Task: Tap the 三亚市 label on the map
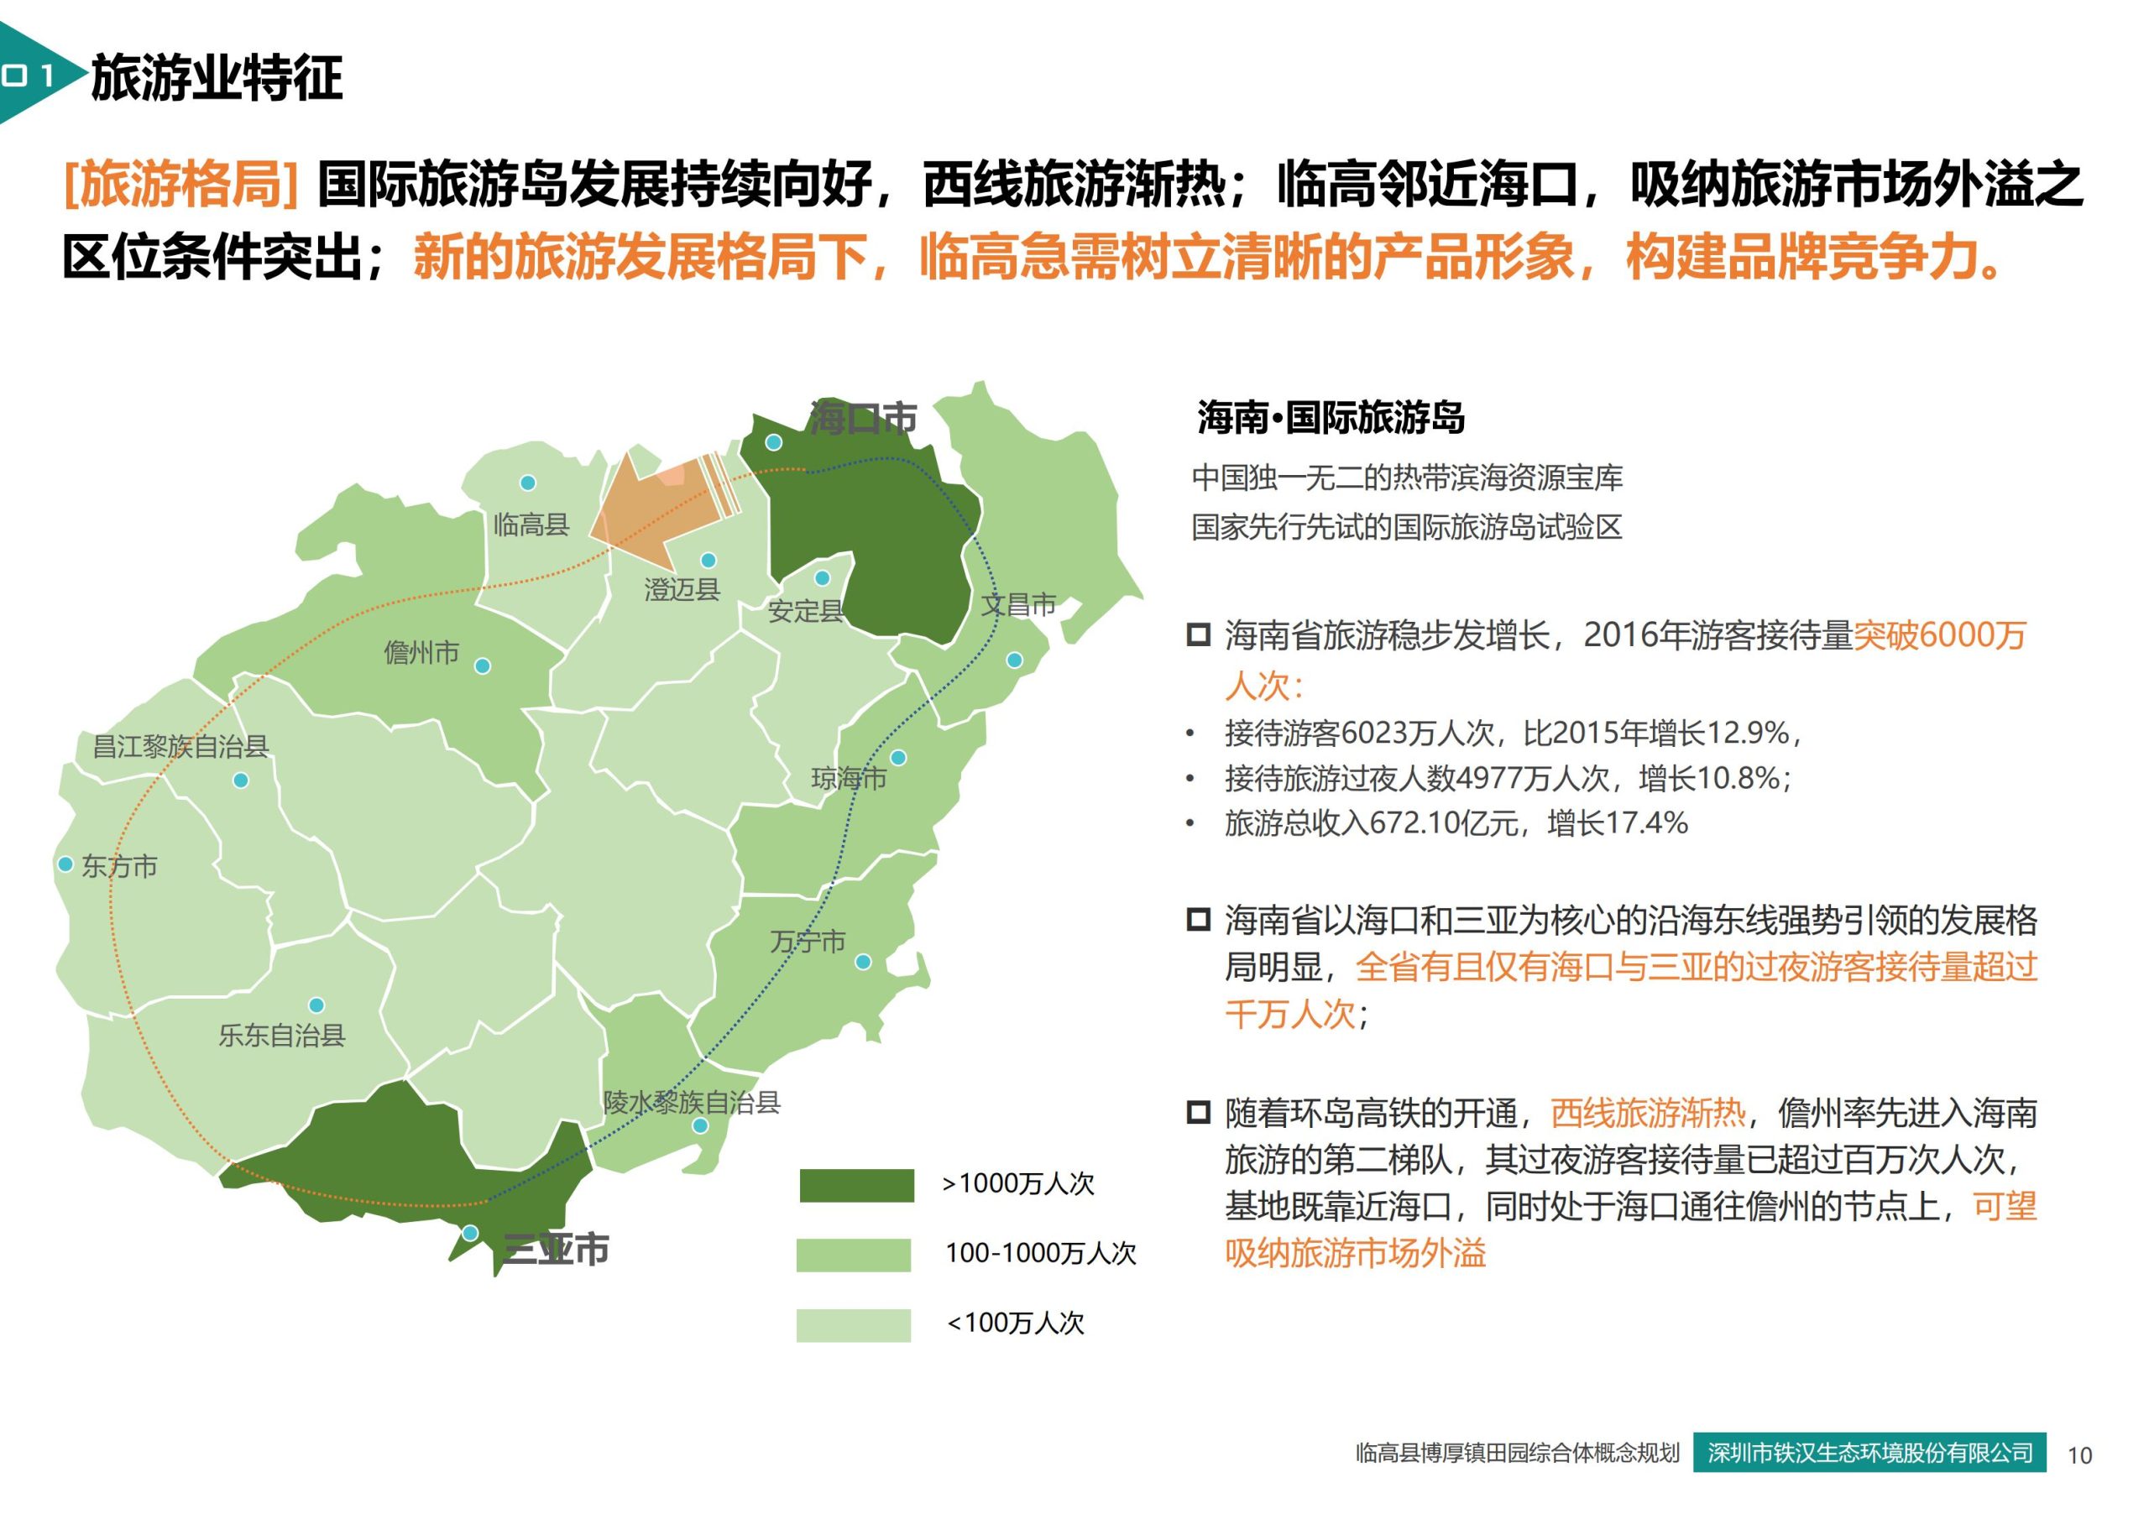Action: (x=556, y=1249)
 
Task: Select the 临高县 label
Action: (x=531, y=525)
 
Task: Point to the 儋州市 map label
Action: (x=421, y=651)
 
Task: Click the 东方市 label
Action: (x=119, y=866)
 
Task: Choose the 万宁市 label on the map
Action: (x=808, y=942)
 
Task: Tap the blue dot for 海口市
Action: (x=773, y=442)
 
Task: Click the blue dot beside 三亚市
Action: (x=471, y=1234)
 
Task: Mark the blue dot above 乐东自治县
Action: (x=316, y=1005)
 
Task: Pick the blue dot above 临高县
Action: (x=528, y=483)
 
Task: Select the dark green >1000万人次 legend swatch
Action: (x=856, y=1185)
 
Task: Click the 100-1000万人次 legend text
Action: (x=1040, y=1253)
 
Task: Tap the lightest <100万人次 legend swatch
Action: (x=853, y=1325)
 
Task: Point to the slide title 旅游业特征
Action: (x=217, y=78)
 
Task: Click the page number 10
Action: (x=2078, y=1455)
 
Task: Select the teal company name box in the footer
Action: (x=1869, y=1453)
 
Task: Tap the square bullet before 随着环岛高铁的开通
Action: (x=1198, y=1112)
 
